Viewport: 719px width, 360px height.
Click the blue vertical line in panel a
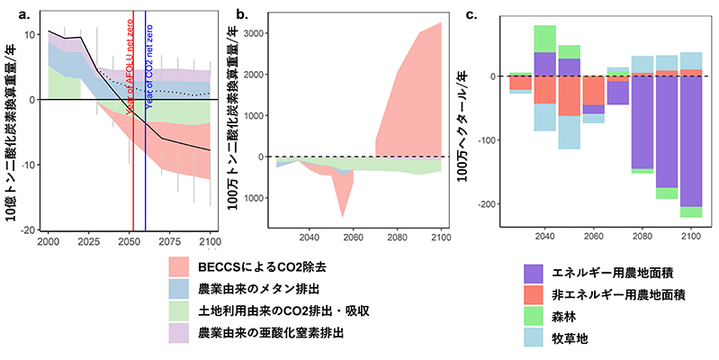click(146, 162)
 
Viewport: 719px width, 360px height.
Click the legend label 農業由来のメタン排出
click(261, 290)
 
